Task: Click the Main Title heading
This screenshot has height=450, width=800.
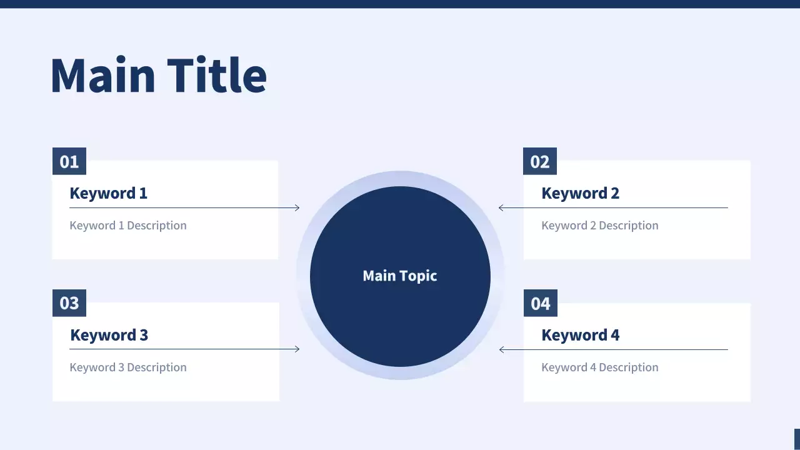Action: tap(159, 75)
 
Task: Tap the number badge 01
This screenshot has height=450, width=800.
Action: tap(69, 161)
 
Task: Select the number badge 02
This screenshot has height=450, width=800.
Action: tap(540, 161)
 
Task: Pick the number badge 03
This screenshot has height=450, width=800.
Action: tap(69, 303)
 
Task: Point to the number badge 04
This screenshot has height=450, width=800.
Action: tap(541, 303)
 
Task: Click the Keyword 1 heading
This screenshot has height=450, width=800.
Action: tap(109, 193)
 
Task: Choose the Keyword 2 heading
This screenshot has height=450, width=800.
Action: tap(581, 193)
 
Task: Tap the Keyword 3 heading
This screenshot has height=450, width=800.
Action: tap(109, 335)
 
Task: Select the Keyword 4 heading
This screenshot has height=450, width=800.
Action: tap(581, 335)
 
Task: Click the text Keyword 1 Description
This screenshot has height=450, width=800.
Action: tap(128, 226)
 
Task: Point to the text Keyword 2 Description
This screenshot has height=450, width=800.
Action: tap(600, 226)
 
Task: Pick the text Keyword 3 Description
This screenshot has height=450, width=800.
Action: tap(128, 367)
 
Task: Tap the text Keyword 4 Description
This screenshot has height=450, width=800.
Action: tap(600, 367)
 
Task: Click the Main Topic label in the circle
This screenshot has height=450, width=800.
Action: tap(400, 276)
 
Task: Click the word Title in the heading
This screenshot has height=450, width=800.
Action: tap(217, 75)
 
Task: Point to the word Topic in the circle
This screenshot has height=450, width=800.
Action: tap(419, 276)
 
